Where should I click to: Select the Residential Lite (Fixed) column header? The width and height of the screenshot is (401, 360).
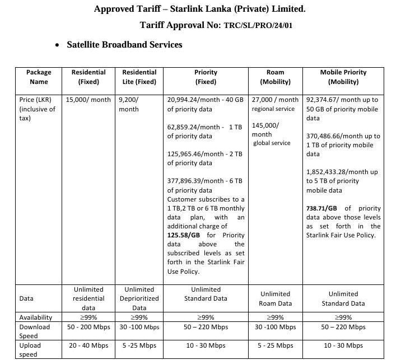pos(139,77)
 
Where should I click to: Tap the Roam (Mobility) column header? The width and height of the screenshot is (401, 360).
pos(275,77)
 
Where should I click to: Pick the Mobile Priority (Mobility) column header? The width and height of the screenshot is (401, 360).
pos(343,77)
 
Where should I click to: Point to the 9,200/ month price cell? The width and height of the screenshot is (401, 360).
pos(132,104)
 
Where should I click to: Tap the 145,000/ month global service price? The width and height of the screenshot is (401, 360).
pos(265,130)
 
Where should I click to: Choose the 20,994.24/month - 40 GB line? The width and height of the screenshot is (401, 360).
pos(205,100)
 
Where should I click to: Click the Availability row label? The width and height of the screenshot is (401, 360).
pos(36,317)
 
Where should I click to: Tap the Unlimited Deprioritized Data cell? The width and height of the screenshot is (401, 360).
pos(139,298)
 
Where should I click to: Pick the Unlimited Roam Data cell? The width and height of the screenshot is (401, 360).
pos(275,298)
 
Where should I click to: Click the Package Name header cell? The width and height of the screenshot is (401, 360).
pos(39,77)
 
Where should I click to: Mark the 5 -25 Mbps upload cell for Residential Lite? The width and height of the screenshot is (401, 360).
pos(139,345)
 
